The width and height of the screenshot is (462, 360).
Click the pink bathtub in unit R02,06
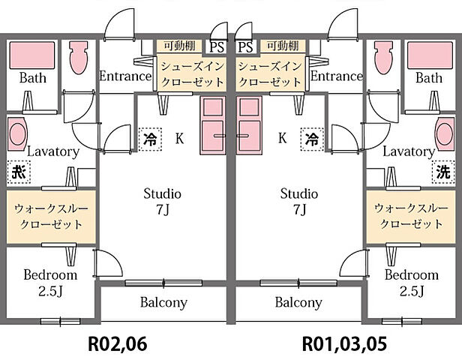32,55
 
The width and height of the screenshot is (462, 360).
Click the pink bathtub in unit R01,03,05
430,55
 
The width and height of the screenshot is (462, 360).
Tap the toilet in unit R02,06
79,57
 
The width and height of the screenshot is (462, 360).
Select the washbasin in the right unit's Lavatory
445,134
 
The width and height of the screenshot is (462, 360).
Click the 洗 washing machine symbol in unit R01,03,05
443,172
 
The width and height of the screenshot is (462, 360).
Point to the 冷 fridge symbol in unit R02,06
150,139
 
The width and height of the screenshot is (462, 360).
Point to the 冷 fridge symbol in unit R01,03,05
312,139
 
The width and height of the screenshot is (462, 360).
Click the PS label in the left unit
217,47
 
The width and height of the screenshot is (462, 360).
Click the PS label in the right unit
245,47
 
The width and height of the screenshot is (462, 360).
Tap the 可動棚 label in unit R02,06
179,46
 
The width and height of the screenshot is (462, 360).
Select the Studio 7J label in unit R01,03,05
299,202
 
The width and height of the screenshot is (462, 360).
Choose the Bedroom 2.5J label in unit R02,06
50,283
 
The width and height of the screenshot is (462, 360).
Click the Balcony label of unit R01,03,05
298,302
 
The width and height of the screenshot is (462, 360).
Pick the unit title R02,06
118,343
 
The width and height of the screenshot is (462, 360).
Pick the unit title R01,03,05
344,343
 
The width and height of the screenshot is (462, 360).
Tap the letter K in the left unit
179,138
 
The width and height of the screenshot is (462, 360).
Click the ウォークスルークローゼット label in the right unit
411,216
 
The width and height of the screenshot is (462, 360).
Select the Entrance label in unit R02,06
125,76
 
